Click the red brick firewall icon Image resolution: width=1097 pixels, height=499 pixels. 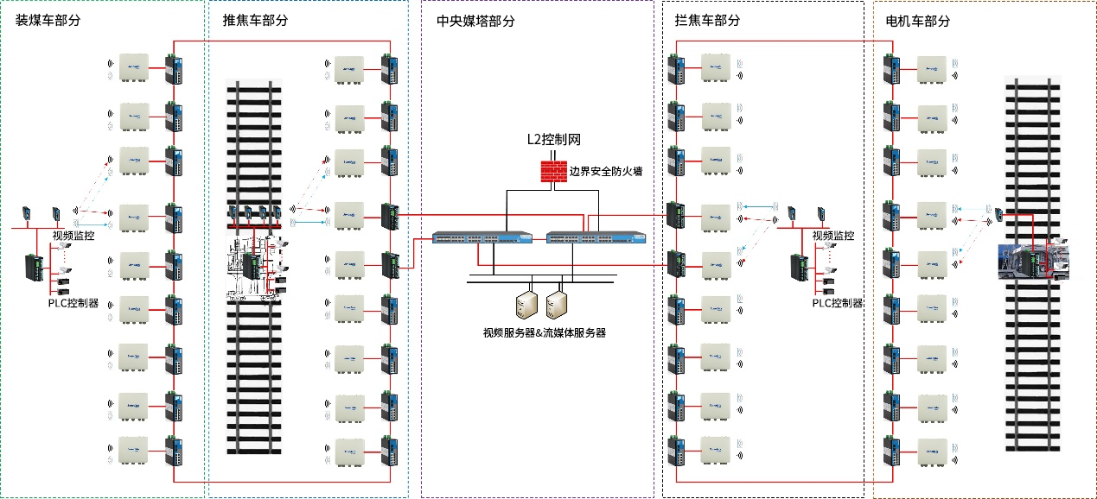click(552, 171)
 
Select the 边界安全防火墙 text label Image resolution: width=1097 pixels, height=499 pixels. click(605, 171)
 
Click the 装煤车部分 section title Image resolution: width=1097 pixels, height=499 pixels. click(48, 21)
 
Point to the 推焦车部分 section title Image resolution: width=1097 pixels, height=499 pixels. click(256, 21)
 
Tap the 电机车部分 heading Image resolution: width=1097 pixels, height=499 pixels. click(918, 21)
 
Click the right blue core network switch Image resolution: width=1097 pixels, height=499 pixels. click(596, 237)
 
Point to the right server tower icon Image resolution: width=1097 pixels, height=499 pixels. click(558, 302)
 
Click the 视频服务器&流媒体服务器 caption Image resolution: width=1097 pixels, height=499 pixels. click(544, 332)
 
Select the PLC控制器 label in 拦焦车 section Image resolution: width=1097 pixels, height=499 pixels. click(838, 302)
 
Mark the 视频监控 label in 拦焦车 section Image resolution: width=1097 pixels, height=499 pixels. click(833, 235)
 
